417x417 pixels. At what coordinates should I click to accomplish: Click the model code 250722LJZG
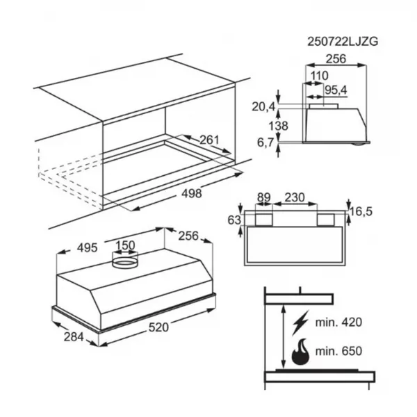coord(343,42)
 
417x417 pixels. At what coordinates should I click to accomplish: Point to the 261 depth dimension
coord(209,140)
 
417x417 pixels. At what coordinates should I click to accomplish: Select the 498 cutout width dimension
coord(192,193)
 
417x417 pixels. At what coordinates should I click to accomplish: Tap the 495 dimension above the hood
coord(88,248)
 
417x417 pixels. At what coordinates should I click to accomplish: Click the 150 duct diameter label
coord(125,245)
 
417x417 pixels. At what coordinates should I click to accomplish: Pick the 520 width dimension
coord(158,327)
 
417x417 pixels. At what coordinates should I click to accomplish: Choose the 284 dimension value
coord(74,337)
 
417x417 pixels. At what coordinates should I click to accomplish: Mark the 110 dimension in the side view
coord(320,76)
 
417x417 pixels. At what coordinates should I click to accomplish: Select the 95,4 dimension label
coord(336,90)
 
